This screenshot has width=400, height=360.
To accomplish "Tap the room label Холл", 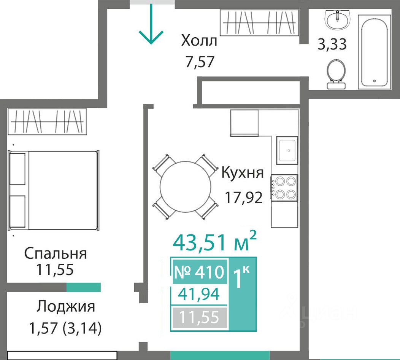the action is click(199, 41).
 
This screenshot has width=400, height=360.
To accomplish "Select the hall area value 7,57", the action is click(200, 62).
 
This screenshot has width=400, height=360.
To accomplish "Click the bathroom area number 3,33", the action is click(332, 44).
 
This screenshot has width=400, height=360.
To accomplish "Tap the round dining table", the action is click(186, 186).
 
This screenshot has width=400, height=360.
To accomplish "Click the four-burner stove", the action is click(284, 188).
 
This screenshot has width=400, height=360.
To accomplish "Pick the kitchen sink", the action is click(287, 150).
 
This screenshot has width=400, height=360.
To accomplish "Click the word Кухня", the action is click(242, 173).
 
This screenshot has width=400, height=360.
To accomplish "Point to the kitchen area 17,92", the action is click(244, 198).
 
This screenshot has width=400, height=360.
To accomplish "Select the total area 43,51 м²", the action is click(214, 241).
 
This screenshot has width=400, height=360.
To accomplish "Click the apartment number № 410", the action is click(199, 272).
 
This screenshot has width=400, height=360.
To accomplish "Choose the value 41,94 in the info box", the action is click(199, 294).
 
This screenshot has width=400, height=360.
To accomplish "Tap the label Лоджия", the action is click(65, 307).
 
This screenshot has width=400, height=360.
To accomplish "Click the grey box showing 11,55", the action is click(200, 318).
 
